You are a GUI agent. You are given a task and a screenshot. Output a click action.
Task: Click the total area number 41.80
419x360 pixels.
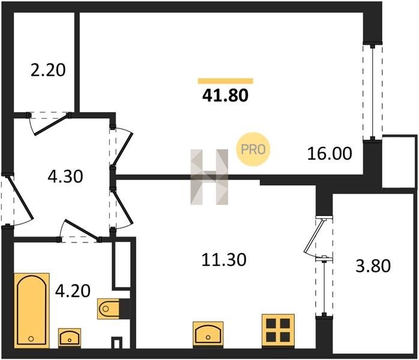point(225,95)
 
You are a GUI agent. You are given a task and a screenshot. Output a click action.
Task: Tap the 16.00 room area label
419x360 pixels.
point(330,154)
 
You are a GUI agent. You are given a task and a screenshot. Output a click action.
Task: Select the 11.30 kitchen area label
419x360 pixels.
point(224,260)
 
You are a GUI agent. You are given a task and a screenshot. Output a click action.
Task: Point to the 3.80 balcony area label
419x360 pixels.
point(373,266)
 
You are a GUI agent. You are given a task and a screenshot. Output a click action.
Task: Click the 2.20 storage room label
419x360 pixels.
point(48,70)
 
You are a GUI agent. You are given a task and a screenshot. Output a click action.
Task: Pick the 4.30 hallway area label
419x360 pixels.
point(65,176)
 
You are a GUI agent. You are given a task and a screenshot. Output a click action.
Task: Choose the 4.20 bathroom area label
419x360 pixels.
point(73,291)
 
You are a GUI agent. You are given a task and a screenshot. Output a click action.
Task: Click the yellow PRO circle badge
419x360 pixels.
point(253,149)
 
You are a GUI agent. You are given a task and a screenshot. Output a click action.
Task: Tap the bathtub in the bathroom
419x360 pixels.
point(32,310)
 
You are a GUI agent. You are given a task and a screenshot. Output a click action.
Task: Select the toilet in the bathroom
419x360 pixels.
point(108,309)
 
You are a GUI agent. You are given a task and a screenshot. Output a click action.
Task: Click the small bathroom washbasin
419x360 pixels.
point(70,338)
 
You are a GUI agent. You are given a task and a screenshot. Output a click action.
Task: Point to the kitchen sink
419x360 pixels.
point(208,335)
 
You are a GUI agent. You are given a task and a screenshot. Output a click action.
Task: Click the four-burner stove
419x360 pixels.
point(278,331)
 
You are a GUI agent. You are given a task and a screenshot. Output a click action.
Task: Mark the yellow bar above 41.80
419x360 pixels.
point(225,81)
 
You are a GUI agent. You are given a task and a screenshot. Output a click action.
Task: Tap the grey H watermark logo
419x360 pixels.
point(209,177)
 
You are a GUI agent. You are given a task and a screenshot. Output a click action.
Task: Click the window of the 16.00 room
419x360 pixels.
point(373,92)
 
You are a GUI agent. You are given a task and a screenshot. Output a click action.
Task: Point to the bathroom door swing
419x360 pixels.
point(79,230)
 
